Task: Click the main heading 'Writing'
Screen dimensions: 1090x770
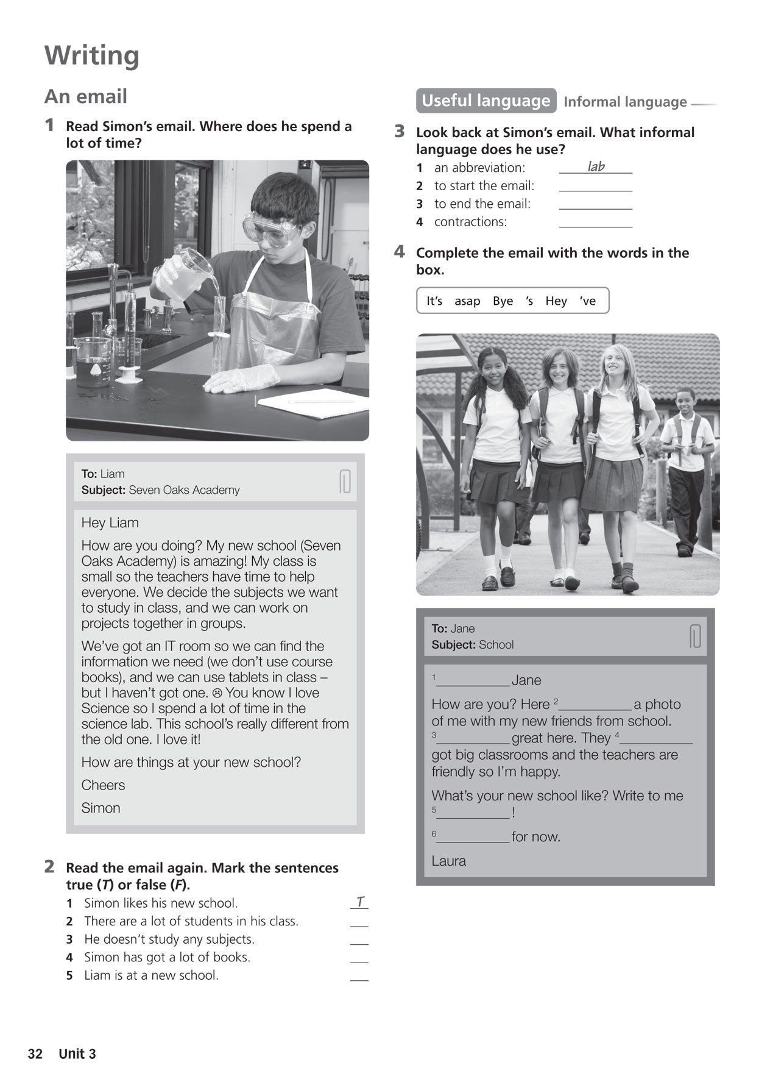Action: [x=92, y=55]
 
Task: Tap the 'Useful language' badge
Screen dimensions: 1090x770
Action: [x=486, y=101]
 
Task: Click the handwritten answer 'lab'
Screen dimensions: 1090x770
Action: [x=596, y=166]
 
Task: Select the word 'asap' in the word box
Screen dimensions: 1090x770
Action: [x=467, y=301]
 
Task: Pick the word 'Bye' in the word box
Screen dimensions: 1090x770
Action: [x=503, y=301]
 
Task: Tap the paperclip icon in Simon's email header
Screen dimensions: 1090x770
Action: [x=345, y=482]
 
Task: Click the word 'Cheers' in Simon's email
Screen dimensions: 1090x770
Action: [x=103, y=785]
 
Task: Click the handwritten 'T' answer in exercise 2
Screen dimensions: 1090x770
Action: [x=360, y=902]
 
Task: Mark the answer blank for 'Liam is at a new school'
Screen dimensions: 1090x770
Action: [x=359, y=975]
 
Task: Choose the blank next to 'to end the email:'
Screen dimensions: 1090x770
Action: [x=595, y=205]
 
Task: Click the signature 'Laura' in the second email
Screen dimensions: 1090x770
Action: [x=448, y=861]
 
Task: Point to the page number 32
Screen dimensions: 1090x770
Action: [x=35, y=1054]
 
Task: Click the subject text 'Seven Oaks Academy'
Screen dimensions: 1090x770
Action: [x=184, y=490]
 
